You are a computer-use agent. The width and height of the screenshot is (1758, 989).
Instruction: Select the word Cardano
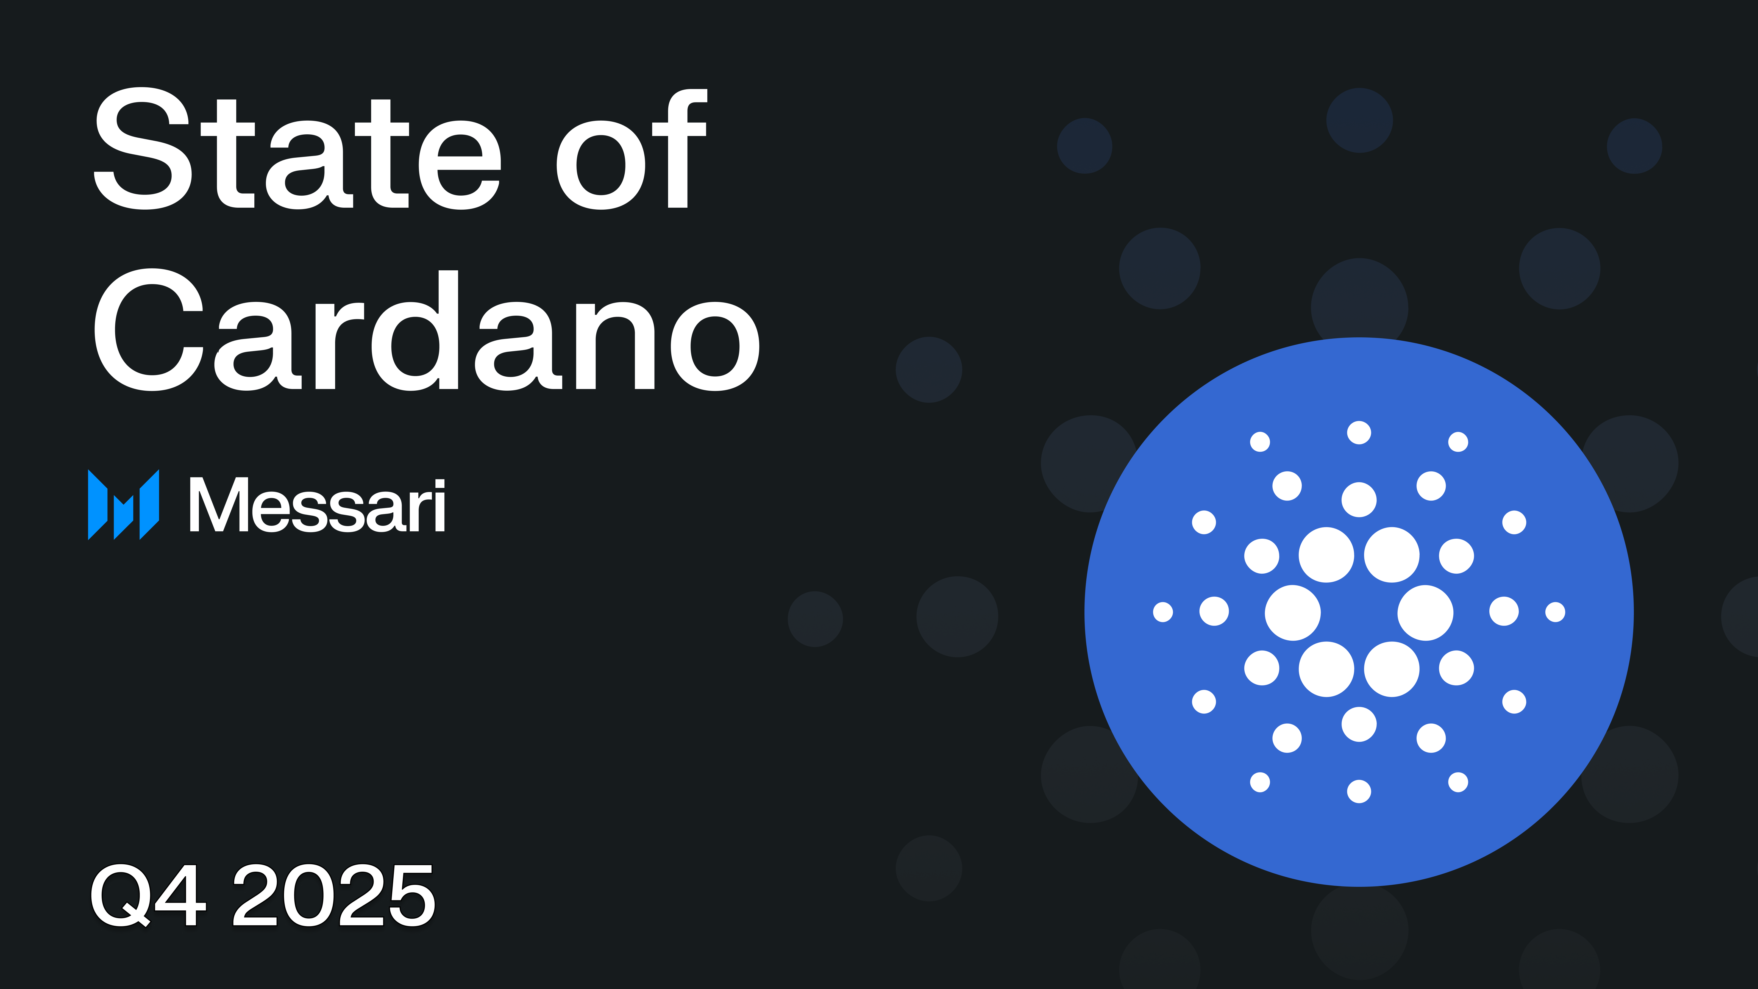click(x=427, y=331)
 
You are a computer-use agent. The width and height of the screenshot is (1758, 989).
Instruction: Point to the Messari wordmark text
click(x=317, y=506)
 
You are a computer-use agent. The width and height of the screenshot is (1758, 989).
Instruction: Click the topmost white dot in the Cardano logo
click(x=1359, y=433)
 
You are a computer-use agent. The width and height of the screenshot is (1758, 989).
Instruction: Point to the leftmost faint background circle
click(x=815, y=619)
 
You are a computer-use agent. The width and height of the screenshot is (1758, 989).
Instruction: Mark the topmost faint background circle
click(x=1359, y=120)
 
